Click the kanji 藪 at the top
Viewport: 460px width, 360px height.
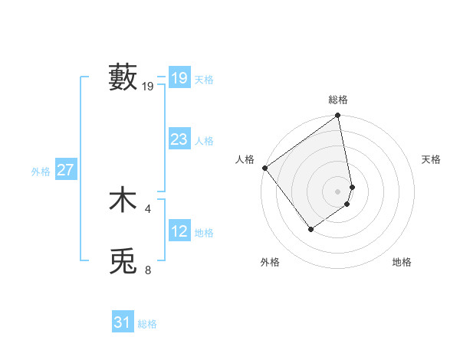123,77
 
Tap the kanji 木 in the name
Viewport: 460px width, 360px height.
123,200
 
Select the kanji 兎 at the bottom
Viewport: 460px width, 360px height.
123,261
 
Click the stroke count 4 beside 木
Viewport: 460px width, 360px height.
148,208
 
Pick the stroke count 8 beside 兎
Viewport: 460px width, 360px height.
148,269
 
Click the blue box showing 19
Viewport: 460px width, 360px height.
179,77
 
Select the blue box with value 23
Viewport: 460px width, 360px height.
179,139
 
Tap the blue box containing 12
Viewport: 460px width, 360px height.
179,231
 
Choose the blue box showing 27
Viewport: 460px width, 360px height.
66,170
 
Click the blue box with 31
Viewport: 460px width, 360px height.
123,322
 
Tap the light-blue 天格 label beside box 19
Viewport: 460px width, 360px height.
204,79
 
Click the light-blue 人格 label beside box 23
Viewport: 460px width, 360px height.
204,141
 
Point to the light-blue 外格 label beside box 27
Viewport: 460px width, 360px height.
41,172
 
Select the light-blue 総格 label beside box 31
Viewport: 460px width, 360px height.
147,324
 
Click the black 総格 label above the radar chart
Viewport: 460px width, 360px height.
338,100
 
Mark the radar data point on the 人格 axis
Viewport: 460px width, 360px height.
264,168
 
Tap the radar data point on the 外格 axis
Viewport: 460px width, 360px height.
310,228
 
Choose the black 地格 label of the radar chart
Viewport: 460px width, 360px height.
402,262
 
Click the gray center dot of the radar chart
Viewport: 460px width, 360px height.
338,191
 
